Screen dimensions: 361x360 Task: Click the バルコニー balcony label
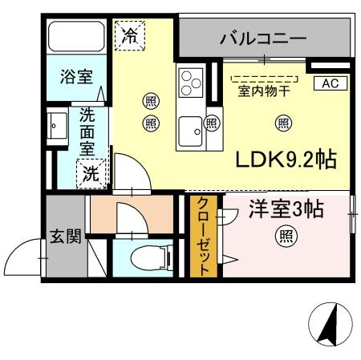(263, 38)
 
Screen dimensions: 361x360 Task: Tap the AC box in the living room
(331, 83)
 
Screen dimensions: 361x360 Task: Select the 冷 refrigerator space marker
(130, 35)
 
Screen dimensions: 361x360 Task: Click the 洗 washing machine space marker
(91, 174)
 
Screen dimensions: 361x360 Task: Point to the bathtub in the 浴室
(76, 37)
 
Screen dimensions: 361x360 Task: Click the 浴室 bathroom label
(76, 76)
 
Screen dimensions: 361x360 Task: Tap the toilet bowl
(151, 258)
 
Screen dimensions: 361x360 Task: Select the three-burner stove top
(191, 83)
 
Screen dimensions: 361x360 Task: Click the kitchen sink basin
(190, 131)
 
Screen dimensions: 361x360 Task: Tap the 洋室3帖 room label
(286, 209)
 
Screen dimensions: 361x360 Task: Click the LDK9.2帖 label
(286, 160)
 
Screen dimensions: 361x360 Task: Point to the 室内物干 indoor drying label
(264, 91)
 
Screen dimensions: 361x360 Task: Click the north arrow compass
(331, 324)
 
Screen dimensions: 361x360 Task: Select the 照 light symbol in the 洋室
(286, 237)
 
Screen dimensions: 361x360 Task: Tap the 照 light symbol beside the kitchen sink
(212, 123)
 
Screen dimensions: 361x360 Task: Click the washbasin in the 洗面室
(57, 126)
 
